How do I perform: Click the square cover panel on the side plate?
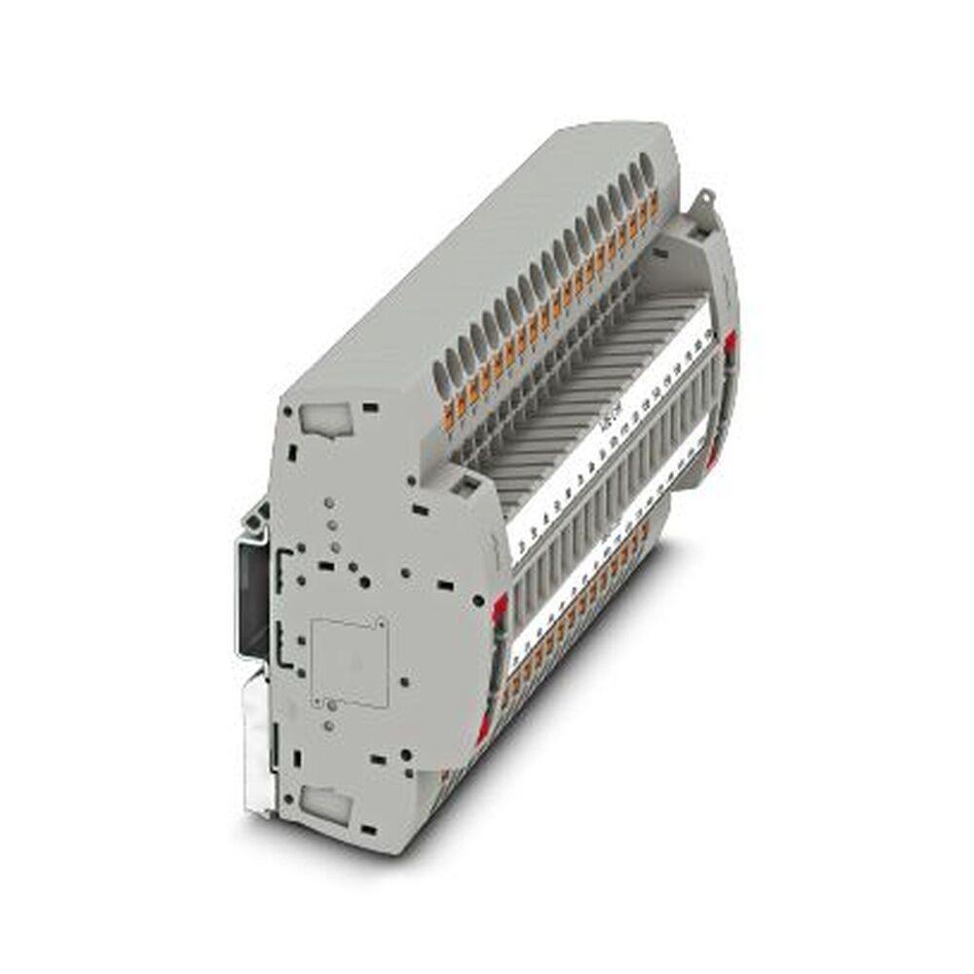click(350, 662)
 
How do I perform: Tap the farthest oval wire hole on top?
click(644, 174)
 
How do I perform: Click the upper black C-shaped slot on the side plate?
click(284, 566)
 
